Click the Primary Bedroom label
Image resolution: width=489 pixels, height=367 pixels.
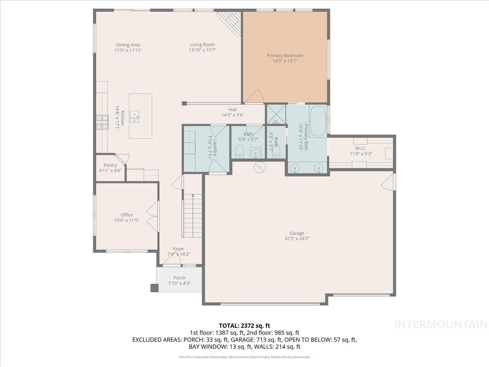(285, 55)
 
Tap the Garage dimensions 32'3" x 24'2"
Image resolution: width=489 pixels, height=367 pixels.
(297, 239)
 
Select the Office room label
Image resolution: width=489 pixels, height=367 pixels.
(126, 215)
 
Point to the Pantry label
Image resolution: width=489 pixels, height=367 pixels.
(110, 165)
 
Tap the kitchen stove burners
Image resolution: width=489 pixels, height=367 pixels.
(102, 122)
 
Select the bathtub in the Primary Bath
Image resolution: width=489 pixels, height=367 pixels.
(317, 121)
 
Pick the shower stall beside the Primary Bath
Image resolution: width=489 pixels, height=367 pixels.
(276, 115)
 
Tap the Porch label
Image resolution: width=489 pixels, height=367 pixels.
(179, 278)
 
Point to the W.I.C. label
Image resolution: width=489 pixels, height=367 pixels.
(361, 148)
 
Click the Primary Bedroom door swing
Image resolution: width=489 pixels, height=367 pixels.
(255, 97)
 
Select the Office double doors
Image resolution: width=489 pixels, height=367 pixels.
(152, 216)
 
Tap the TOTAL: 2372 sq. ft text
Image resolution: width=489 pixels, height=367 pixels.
(244, 325)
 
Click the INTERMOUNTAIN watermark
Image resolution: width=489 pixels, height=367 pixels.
(441, 325)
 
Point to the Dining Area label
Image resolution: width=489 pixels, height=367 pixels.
(128, 45)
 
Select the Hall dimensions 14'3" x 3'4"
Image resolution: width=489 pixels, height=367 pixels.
(232, 115)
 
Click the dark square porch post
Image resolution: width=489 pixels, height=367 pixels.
(154, 288)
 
